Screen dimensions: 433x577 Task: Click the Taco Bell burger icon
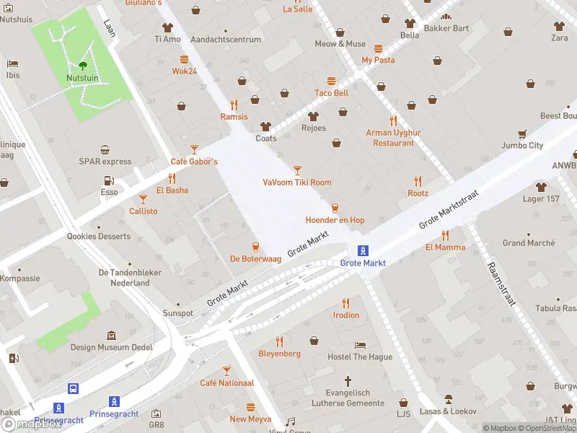tap(332, 81)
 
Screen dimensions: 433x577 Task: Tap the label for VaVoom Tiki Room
tap(297, 183)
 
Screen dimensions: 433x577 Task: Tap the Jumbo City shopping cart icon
tap(522, 134)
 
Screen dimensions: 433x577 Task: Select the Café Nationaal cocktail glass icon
tap(226, 371)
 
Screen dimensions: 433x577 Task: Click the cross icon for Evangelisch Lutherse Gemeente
tap(347, 380)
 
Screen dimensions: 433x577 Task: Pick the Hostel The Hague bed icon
tap(360, 345)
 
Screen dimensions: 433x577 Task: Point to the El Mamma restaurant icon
tap(445, 235)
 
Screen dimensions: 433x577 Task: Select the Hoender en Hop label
tap(335, 220)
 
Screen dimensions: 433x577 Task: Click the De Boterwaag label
tap(255, 258)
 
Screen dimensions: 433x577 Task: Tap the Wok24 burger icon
tap(184, 59)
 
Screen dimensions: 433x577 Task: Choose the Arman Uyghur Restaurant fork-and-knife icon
tap(393, 121)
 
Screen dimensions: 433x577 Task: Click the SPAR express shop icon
tap(105, 150)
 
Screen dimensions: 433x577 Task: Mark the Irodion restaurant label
tap(346, 315)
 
